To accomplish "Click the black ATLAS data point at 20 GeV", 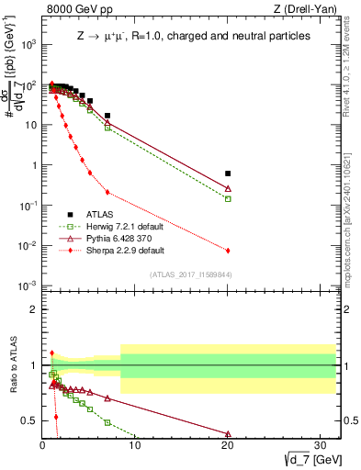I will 228,173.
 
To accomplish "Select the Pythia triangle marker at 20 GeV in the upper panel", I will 228,188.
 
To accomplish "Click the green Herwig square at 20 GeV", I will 228,198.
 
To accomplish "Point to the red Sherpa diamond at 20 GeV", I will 228,251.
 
